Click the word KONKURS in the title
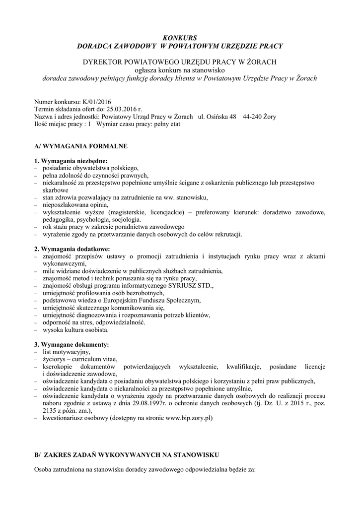[180, 38]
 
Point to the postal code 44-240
[253, 117]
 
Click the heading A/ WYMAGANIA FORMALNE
[81, 146]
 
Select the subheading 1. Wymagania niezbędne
[71, 161]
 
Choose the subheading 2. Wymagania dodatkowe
[72, 249]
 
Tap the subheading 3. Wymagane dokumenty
[72, 344]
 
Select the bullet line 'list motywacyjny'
[66, 352]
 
